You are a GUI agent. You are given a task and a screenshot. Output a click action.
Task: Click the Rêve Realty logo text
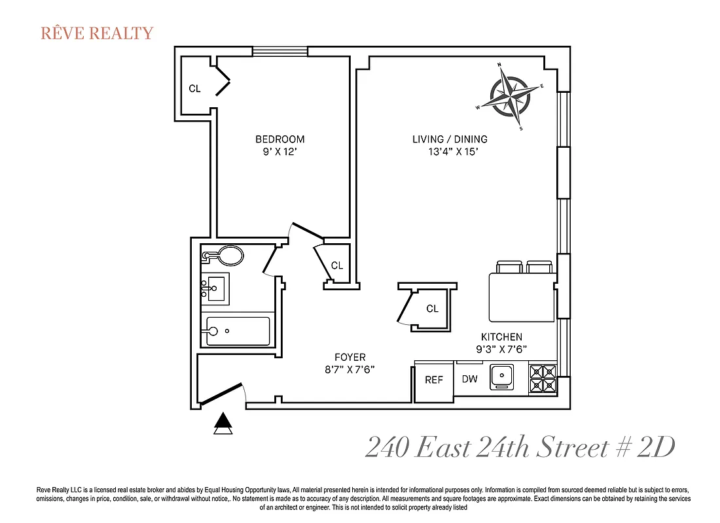point(97,33)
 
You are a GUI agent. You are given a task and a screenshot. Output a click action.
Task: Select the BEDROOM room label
point(279,139)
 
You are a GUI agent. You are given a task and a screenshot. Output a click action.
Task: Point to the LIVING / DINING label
point(450,139)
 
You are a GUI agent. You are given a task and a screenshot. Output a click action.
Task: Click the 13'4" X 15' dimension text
point(450,152)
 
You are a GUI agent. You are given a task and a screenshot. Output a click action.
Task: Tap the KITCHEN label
point(501,337)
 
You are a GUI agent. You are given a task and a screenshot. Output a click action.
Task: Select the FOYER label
point(350,357)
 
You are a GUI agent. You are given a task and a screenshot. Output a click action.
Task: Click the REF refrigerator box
point(434,380)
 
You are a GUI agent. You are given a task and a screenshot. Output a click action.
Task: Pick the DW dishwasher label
point(469,379)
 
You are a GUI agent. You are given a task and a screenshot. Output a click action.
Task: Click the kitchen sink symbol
point(502,377)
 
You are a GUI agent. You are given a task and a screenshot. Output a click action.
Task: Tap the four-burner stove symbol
point(543,379)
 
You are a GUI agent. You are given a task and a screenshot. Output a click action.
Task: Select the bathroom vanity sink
point(215,287)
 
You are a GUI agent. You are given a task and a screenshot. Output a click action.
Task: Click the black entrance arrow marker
point(223,424)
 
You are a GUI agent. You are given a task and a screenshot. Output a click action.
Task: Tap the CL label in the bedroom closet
point(194,89)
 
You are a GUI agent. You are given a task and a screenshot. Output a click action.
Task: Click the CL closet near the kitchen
point(432,309)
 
